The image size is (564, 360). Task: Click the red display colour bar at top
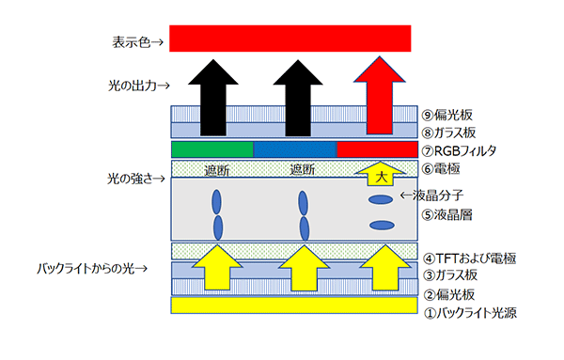click(290, 39)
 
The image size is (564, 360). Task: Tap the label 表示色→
click(138, 42)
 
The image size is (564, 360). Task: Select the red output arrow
click(380, 95)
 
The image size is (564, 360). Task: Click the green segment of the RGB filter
click(212, 149)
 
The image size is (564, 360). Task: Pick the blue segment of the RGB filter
click(295, 149)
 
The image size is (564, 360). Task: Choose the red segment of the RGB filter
click(377, 149)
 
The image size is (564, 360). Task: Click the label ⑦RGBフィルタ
click(459, 150)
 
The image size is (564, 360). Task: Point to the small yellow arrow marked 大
click(381, 173)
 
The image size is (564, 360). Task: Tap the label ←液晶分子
click(431, 196)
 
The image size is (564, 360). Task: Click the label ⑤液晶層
click(446, 215)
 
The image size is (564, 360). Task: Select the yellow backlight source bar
click(294, 305)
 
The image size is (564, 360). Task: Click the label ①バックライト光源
click(471, 313)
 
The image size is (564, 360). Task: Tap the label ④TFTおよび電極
click(470, 258)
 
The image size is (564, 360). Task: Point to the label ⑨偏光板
click(446, 115)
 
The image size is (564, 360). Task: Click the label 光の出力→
click(139, 86)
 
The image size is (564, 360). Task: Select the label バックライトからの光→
click(92, 269)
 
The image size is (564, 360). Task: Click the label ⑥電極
click(441, 168)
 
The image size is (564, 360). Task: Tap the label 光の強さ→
click(136, 179)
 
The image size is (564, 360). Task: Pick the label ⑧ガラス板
click(448, 133)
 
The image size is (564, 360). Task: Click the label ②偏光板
click(449, 295)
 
